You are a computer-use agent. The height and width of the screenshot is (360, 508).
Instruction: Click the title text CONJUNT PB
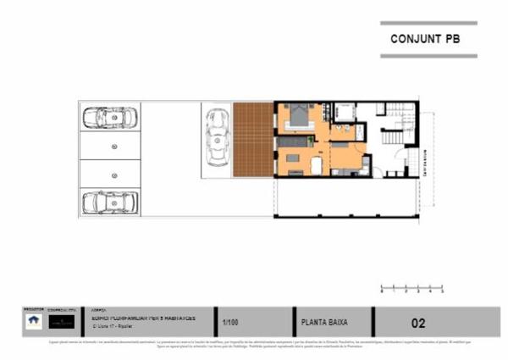pos(423,40)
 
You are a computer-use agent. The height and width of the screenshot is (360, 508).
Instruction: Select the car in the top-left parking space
pos(109,118)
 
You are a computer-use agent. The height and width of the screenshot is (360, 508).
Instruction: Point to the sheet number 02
pos(418,323)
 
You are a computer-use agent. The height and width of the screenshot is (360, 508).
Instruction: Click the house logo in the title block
pos(33,321)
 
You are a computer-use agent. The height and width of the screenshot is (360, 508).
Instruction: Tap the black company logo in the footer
pos(61,322)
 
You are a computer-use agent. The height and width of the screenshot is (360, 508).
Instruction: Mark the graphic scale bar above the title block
pos(412,286)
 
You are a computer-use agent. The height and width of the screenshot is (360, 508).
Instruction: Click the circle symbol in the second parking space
pos(113,146)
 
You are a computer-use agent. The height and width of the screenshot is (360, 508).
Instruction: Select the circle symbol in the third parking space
pos(113,174)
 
